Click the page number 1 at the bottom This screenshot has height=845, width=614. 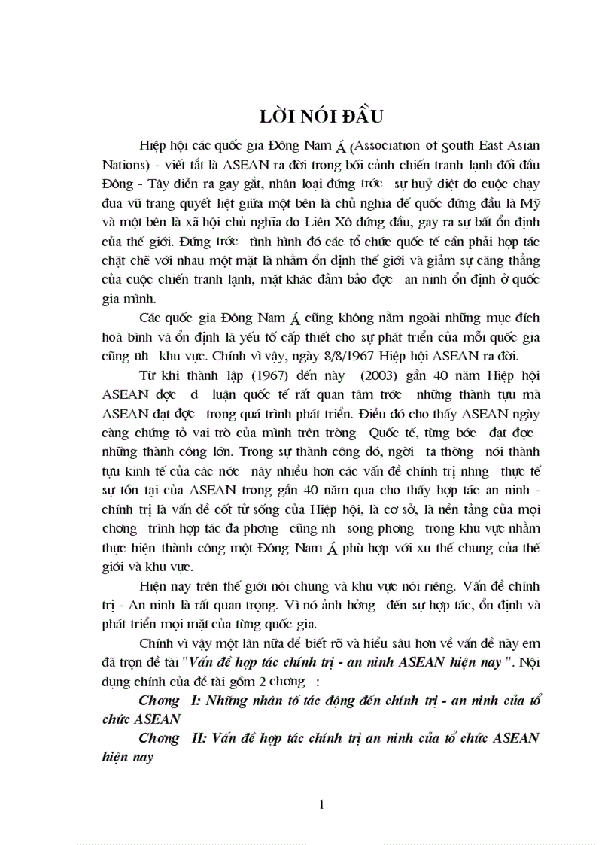pos(321,804)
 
